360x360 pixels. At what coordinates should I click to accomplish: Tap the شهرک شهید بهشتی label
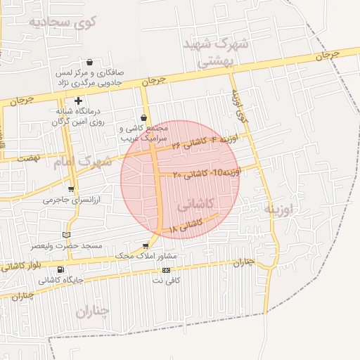point(211,52)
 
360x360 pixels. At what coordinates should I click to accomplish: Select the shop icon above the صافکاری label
point(89,62)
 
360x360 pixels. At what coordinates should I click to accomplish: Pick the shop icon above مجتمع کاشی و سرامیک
point(144,117)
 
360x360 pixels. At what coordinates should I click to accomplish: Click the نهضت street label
point(28,159)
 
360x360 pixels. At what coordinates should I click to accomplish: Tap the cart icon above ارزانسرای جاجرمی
point(72,188)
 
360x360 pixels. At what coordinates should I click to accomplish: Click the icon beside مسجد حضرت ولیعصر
point(67,234)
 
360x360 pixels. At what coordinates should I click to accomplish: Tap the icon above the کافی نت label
point(167,270)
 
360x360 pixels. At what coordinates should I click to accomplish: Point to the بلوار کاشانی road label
point(24,266)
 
